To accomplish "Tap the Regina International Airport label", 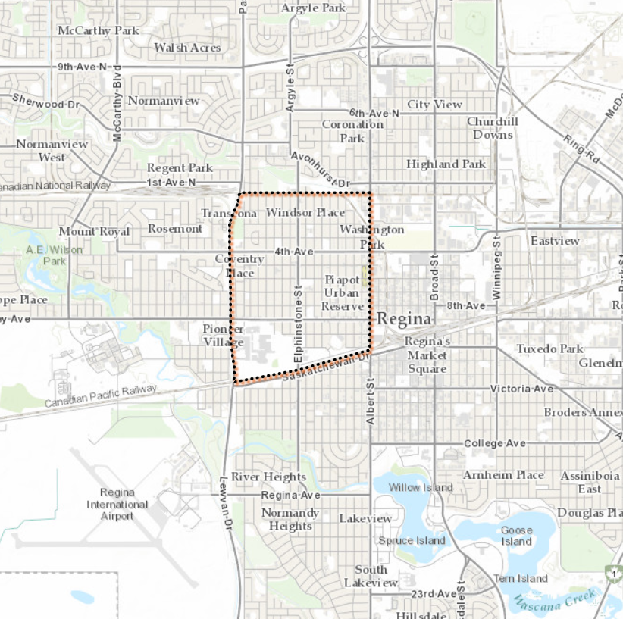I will [117, 504].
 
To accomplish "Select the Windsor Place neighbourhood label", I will [305, 213].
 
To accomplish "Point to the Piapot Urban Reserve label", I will [343, 292].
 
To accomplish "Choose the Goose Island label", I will [516, 536].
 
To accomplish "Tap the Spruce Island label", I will [412, 540].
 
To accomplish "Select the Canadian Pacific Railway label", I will [100, 395].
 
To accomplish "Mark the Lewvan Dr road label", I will [224, 501].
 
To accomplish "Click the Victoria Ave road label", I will [521, 389].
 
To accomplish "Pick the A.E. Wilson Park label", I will [55, 254].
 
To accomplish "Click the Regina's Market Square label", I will [427, 355].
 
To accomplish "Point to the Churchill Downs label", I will [492, 128].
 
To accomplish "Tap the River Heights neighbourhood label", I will [268, 477].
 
